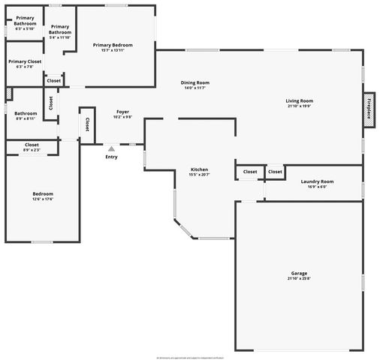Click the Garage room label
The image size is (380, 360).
click(x=299, y=273)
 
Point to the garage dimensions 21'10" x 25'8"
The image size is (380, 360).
click(x=299, y=279)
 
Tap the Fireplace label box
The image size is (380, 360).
click(x=369, y=106)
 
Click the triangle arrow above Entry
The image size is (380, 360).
click(x=111, y=148)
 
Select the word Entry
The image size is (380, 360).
click(x=111, y=157)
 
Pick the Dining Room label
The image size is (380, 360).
click(x=195, y=82)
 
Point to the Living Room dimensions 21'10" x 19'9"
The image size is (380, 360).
click(x=299, y=106)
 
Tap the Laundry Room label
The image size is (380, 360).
click(x=317, y=181)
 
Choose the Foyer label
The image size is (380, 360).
click(x=122, y=112)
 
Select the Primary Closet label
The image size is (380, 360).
click(x=25, y=61)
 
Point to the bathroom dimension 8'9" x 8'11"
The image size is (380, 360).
click(x=25, y=118)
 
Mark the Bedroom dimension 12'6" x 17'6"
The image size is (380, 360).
click(x=43, y=199)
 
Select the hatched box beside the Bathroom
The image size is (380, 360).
click(x=9, y=94)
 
